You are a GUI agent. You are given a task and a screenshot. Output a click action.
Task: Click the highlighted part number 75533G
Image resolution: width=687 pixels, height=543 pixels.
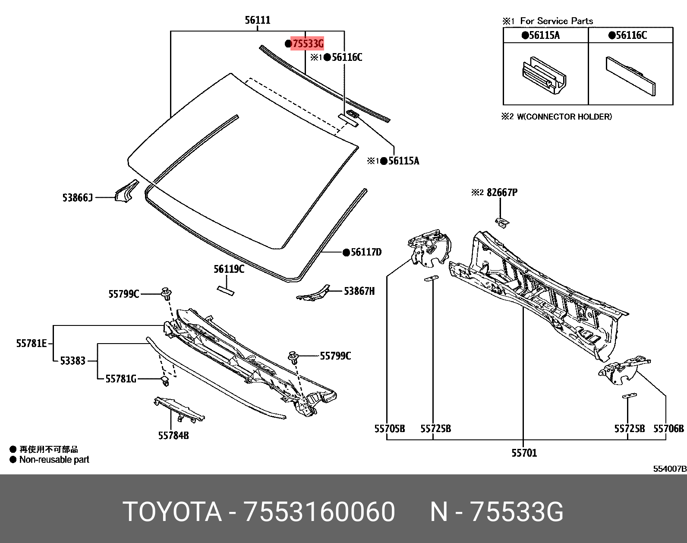tap(307, 43)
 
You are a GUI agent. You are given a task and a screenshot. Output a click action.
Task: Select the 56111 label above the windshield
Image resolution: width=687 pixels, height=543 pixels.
tap(257, 20)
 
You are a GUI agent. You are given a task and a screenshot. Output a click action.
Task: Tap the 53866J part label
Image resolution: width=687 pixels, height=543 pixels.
tap(78, 198)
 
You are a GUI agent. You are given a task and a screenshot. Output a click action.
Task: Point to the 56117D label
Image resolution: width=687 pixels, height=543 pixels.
tap(366, 252)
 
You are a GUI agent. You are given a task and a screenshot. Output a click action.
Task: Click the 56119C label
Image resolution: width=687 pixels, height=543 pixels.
tap(229, 269)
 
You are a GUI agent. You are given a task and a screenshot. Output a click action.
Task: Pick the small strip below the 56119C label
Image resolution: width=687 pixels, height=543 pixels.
tap(225, 291)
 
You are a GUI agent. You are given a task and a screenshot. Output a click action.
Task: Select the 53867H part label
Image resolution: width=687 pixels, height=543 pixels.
tap(359, 291)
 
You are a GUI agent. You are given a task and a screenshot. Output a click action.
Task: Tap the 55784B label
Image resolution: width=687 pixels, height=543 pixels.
tap(173, 436)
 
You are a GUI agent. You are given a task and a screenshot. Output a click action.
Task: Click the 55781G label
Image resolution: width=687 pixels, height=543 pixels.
tap(121, 379)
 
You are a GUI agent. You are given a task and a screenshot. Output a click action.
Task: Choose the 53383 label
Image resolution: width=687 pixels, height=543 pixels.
tap(72, 360)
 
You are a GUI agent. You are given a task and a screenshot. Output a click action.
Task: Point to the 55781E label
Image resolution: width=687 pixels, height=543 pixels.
tap(32, 343)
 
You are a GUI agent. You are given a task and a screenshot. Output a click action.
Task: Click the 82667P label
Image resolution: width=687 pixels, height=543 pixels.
tap(502, 193)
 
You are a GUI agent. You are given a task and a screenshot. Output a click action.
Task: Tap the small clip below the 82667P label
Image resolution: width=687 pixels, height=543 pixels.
tap(501, 222)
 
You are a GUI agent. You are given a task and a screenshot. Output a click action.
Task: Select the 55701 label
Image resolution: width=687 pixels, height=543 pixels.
tap(524, 453)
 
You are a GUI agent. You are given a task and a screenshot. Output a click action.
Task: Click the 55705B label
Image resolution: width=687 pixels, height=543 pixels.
tap(389, 429)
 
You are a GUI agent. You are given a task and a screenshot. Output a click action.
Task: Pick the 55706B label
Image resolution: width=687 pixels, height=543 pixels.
tap(668, 429)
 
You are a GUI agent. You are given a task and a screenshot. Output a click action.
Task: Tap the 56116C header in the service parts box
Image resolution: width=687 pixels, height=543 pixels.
tap(630, 35)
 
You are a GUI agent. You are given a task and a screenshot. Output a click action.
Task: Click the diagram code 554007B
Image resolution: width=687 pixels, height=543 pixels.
tap(669, 469)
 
